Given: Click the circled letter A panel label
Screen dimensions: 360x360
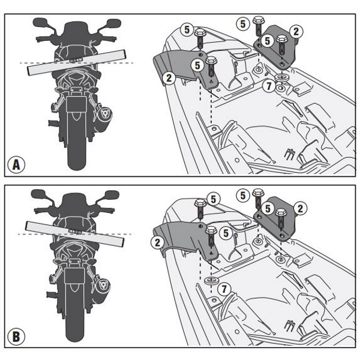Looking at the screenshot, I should [17, 164].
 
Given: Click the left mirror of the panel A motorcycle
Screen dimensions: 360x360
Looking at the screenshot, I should [41, 22].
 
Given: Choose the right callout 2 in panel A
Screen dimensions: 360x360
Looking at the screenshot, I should [296, 31].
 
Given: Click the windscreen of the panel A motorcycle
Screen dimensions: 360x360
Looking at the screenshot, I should [76, 30].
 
